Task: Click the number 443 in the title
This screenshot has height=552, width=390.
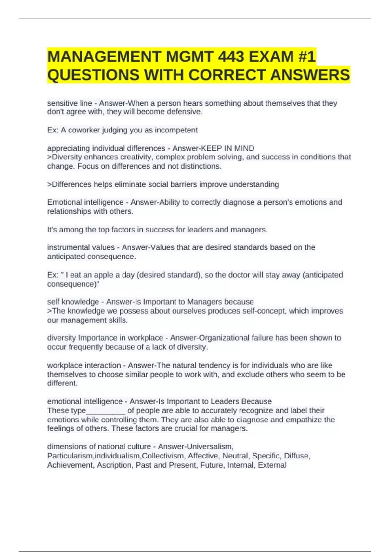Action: [x=231, y=57]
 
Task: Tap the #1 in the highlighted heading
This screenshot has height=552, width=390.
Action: [x=306, y=57]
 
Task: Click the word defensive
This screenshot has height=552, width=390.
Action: [x=184, y=112]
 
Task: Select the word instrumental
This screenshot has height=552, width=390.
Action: [x=65, y=247]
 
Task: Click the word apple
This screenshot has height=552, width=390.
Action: [x=100, y=275]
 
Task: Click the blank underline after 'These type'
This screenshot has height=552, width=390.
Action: [x=106, y=411]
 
